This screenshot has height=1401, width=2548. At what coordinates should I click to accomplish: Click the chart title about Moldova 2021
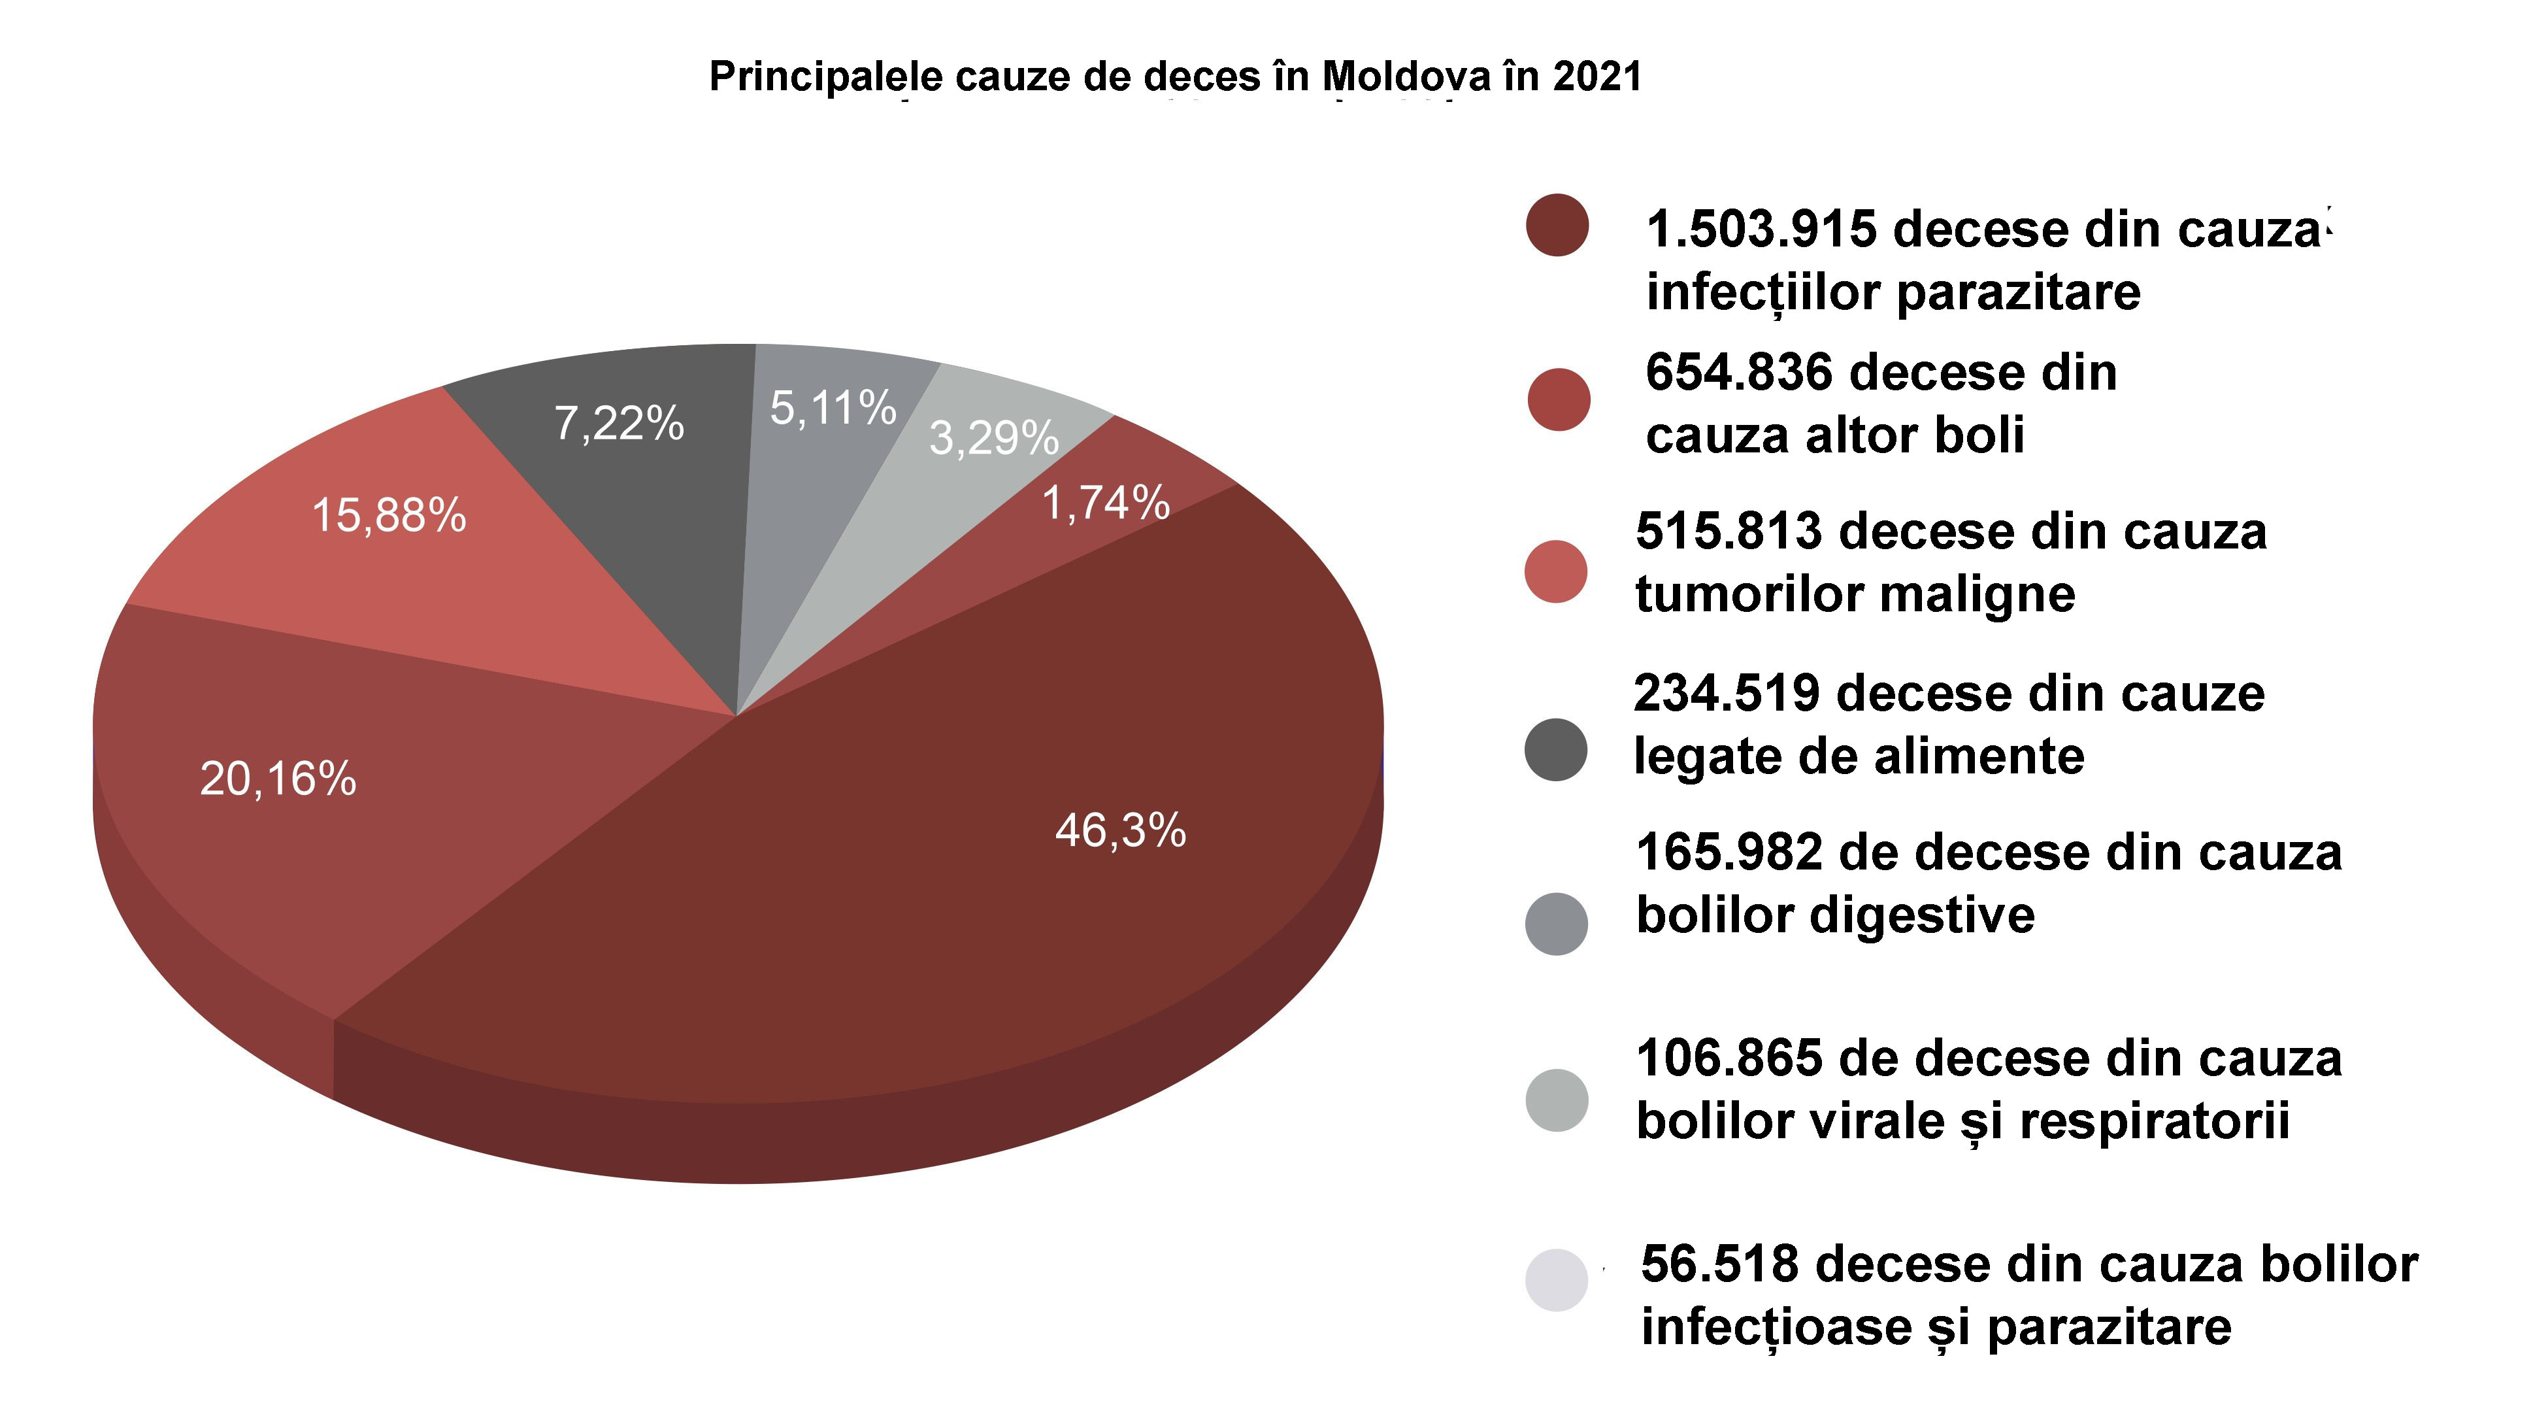pyautogui.click(x=1175, y=77)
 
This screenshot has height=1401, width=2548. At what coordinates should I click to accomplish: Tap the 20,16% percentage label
pyautogui.click(x=278, y=780)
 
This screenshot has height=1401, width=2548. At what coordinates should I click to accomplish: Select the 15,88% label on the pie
pyautogui.click(x=389, y=515)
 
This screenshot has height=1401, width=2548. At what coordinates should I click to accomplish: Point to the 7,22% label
pyautogui.click(x=620, y=424)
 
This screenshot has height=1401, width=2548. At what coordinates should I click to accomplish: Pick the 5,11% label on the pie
pyautogui.click(x=833, y=408)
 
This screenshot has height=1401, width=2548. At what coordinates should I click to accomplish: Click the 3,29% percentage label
pyautogui.click(x=993, y=438)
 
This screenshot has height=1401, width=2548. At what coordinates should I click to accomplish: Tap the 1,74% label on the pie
pyautogui.click(x=1106, y=503)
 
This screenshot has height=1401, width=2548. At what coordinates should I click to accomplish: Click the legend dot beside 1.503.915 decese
pyautogui.click(x=1557, y=226)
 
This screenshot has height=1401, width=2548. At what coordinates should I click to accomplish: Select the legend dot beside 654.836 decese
pyautogui.click(x=1558, y=399)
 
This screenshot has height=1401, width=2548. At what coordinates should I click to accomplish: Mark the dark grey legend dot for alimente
pyautogui.click(x=1556, y=749)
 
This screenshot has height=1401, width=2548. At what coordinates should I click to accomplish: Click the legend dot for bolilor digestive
pyautogui.click(x=1556, y=923)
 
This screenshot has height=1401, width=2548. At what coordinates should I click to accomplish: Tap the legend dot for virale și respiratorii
pyautogui.click(x=1556, y=1100)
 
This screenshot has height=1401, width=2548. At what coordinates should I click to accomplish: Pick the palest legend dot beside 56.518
pyautogui.click(x=1556, y=1280)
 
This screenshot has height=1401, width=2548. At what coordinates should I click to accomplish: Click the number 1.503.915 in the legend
pyautogui.click(x=1761, y=229)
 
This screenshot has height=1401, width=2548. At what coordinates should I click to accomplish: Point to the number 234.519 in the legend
pyautogui.click(x=1726, y=694)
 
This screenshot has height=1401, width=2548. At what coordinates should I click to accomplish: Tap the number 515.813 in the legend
pyautogui.click(x=1728, y=532)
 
